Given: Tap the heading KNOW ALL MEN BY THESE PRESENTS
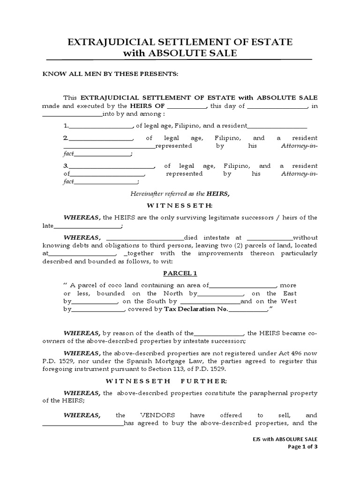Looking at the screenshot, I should click(110, 74).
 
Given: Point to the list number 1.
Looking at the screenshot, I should click(66, 126).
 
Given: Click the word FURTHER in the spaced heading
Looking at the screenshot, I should click(201, 381).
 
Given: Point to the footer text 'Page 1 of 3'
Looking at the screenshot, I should click(302, 446).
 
